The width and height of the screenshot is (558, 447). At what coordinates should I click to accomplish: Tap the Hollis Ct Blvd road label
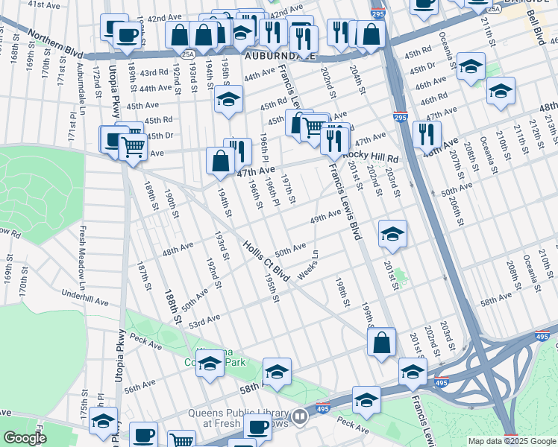(266, 261)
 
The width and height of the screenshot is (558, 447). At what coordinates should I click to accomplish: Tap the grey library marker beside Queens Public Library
(299, 416)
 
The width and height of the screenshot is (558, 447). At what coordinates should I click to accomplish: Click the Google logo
(24, 438)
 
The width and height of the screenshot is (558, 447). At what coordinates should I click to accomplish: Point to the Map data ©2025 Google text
(511, 441)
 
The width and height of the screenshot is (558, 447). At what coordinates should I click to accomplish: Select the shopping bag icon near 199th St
(381, 343)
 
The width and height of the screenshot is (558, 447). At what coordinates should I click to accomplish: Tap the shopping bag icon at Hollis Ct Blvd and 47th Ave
(221, 161)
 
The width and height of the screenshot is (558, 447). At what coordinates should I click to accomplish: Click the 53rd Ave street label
(204, 321)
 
